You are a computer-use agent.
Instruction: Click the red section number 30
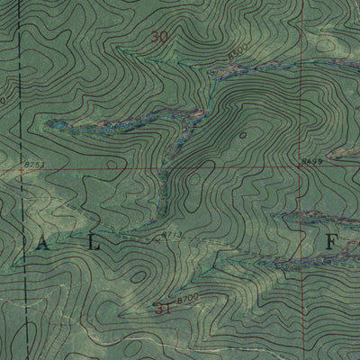[x=160, y=37]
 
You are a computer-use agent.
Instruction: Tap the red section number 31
[x=163, y=309]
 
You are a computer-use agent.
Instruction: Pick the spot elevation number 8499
[x=312, y=161]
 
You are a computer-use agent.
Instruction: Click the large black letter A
[x=43, y=243]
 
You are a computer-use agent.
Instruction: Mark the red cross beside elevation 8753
[x=21, y=168]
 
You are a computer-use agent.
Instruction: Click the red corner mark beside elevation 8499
[x=299, y=166]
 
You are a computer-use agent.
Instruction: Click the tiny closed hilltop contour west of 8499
[x=243, y=135]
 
